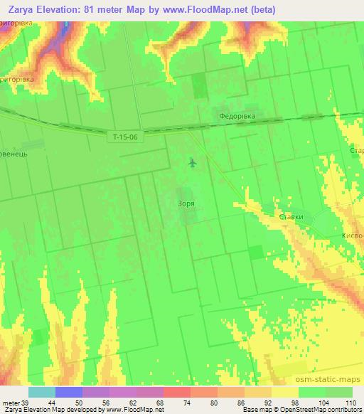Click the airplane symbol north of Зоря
click(193, 163)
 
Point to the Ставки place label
click(291, 217)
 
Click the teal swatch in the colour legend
click(42, 392)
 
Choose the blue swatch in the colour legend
click(69, 392)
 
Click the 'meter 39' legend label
click(16, 402)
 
